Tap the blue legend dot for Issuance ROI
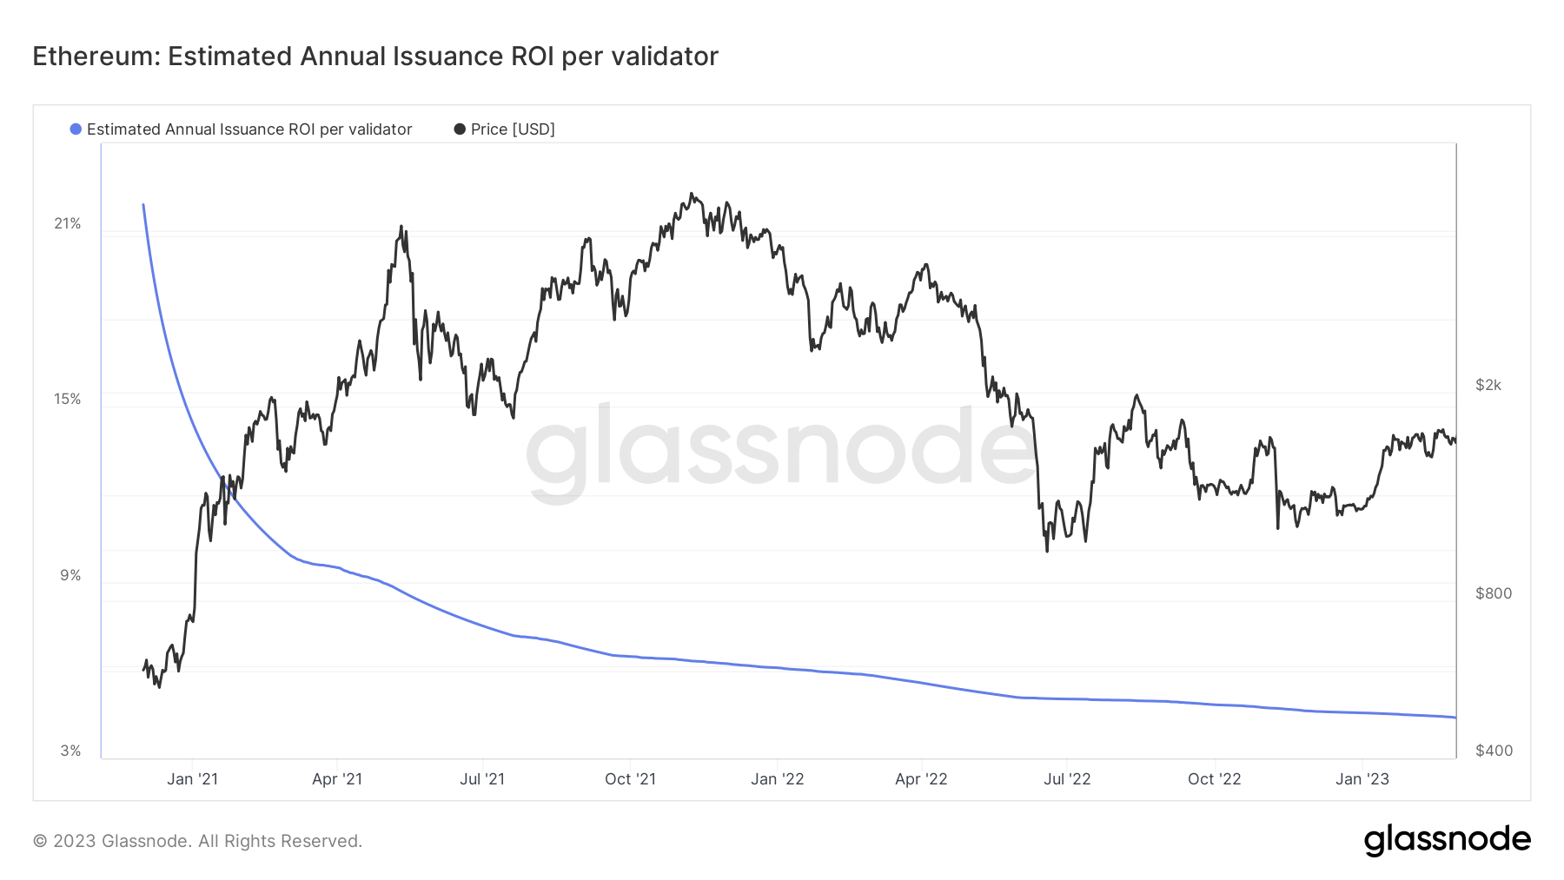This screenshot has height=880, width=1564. click(76, 129)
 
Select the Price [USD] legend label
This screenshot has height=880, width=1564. click(513, 129)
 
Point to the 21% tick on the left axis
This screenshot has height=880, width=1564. click(68, 224)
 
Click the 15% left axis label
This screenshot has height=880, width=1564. click(68, 400)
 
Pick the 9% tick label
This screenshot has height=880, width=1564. click(70, 576)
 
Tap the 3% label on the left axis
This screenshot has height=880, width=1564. click(70, 751)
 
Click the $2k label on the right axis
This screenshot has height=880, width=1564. click(1488, 385)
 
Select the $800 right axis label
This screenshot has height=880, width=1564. click(1494, 593)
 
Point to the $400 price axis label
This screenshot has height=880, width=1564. click(1494, 751)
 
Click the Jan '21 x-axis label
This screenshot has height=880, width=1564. click(192, 779)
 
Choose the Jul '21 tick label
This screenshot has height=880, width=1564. click(482, 779)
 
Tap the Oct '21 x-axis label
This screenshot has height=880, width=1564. click(630, 779)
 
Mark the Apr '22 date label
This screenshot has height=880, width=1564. click(921, 779)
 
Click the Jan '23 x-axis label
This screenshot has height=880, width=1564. click(1362, 779)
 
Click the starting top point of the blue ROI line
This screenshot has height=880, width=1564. click(143, 205)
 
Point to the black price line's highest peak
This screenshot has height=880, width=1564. click(692, 194)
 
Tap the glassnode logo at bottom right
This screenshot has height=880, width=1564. click(1447, 840)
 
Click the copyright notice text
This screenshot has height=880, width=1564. click(197, 841)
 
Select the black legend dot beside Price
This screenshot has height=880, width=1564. click(460, 129)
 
